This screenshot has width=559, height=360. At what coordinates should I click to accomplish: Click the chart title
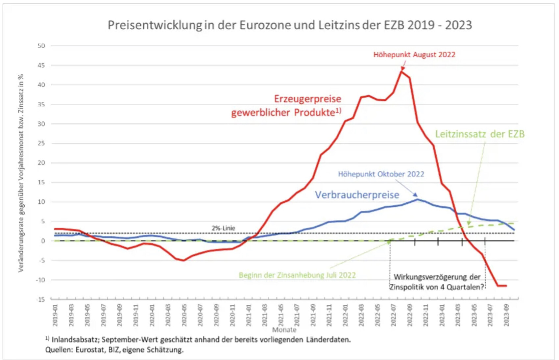point(290,25)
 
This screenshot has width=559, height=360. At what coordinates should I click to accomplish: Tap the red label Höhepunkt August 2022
point(414,55)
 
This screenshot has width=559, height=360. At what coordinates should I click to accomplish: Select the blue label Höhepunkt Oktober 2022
point(381,174)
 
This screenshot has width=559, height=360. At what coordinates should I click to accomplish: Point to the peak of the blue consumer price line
point(417,199)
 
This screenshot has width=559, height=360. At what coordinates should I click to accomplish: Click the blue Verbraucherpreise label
point(357,195)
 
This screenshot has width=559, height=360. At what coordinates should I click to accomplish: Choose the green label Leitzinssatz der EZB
point(480,134)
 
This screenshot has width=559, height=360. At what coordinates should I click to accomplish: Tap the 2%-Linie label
point(223,228)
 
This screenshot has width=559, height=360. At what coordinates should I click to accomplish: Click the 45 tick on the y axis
point(41,65)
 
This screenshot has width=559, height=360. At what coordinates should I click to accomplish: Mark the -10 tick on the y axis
point(40,280)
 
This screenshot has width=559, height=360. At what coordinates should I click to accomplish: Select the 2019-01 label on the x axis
point(55,315)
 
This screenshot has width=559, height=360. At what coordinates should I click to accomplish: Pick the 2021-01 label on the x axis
point(249,315)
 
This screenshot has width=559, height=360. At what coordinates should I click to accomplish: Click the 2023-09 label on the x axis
point(506,315)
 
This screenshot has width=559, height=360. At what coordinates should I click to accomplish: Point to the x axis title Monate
point(284,330)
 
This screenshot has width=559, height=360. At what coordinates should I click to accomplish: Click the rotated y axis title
point(21,173)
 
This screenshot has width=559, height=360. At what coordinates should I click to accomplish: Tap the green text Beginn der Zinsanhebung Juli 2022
point(297,275)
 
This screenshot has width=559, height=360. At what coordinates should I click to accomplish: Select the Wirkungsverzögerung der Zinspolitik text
point(437,282)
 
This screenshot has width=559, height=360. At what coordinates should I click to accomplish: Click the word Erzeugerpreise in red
point(307,99)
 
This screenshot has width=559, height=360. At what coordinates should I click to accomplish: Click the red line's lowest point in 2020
point(183,260)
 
